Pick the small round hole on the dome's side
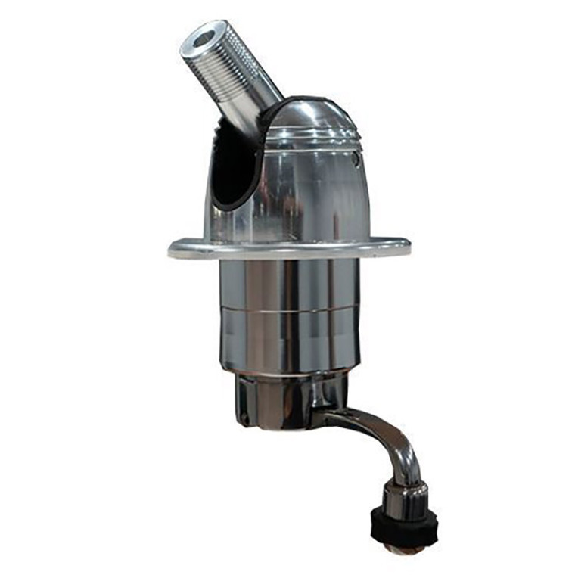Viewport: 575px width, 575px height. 356,158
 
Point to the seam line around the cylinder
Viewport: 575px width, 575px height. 291,310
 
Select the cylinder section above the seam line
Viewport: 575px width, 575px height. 291,284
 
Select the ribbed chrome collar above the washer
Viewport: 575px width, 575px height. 404,496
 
